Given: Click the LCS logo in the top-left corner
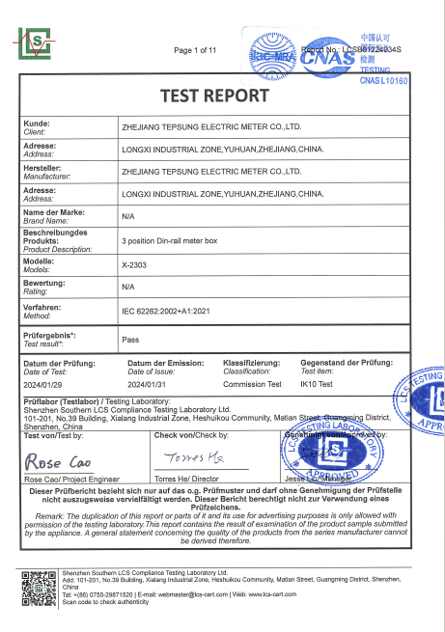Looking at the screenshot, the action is point(39,41).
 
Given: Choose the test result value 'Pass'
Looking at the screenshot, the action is point(131,340).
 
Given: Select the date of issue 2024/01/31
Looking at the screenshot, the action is point(150,383).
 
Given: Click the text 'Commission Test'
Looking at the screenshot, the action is point(253,383).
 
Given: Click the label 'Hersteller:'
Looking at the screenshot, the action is point(45,167).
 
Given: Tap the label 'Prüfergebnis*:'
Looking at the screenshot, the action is point(49,335).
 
